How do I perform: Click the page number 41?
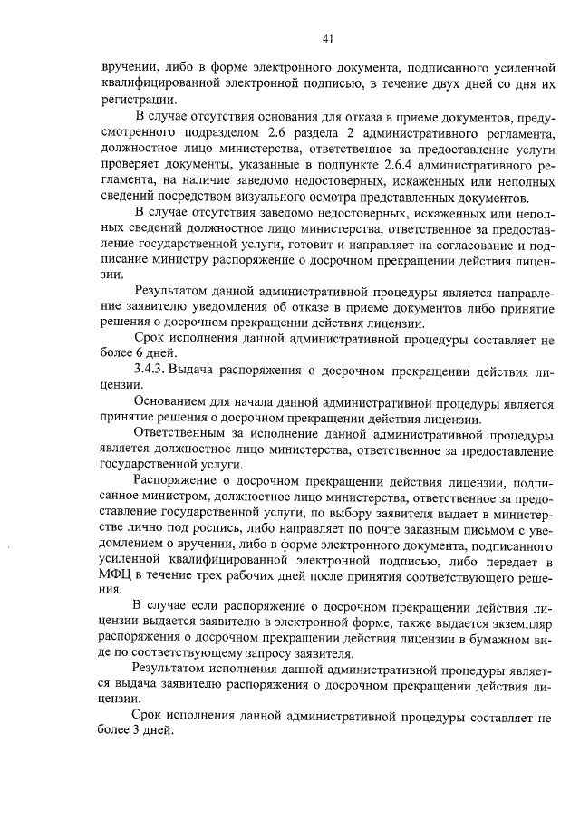coord(328,38)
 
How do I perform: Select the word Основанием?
coord(173,402)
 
